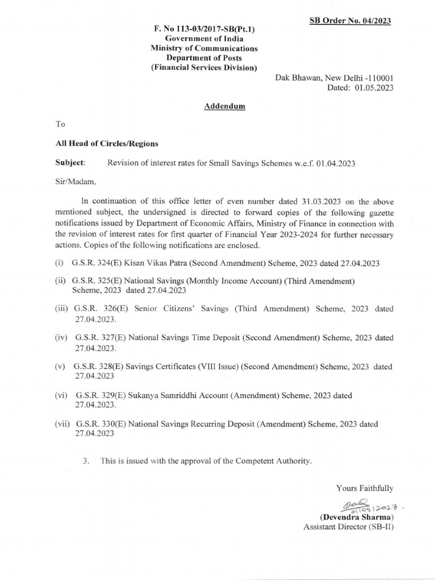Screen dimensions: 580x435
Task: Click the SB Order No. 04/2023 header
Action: pyautogui.click(x=350, y=21)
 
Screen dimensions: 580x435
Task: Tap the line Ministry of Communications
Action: pyautogui.click(x=203, y=49)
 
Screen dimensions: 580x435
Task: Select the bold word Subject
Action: pyautogui.click(x=70, y=163)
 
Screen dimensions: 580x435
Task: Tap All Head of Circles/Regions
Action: pyautogui.click(x=103, y=144)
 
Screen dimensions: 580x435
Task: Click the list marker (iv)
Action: pyautogui.click(x=62, y=338)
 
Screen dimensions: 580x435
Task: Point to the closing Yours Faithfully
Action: pyautogui.click(x=364, y=488)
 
